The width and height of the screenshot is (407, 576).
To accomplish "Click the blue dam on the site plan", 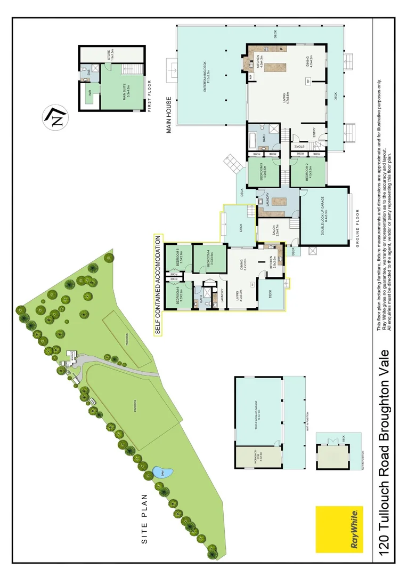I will tap(162, 473).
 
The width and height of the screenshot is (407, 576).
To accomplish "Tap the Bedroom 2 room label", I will tap(309, 173).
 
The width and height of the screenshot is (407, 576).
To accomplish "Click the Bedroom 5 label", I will tap(180, 259).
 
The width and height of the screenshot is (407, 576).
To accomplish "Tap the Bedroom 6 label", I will tap(180, 295).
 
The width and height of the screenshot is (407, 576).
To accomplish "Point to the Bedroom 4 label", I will tap(209, 259).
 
